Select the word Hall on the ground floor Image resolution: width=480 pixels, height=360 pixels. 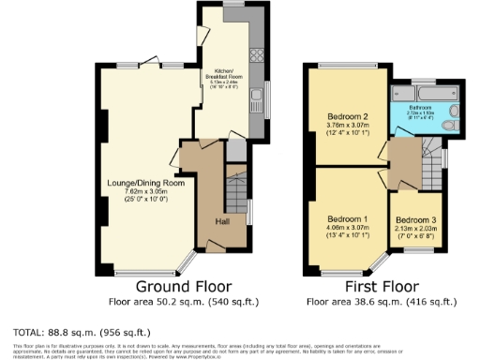coord(223,221)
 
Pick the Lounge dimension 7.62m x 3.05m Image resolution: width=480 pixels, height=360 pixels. coord(138,191)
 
